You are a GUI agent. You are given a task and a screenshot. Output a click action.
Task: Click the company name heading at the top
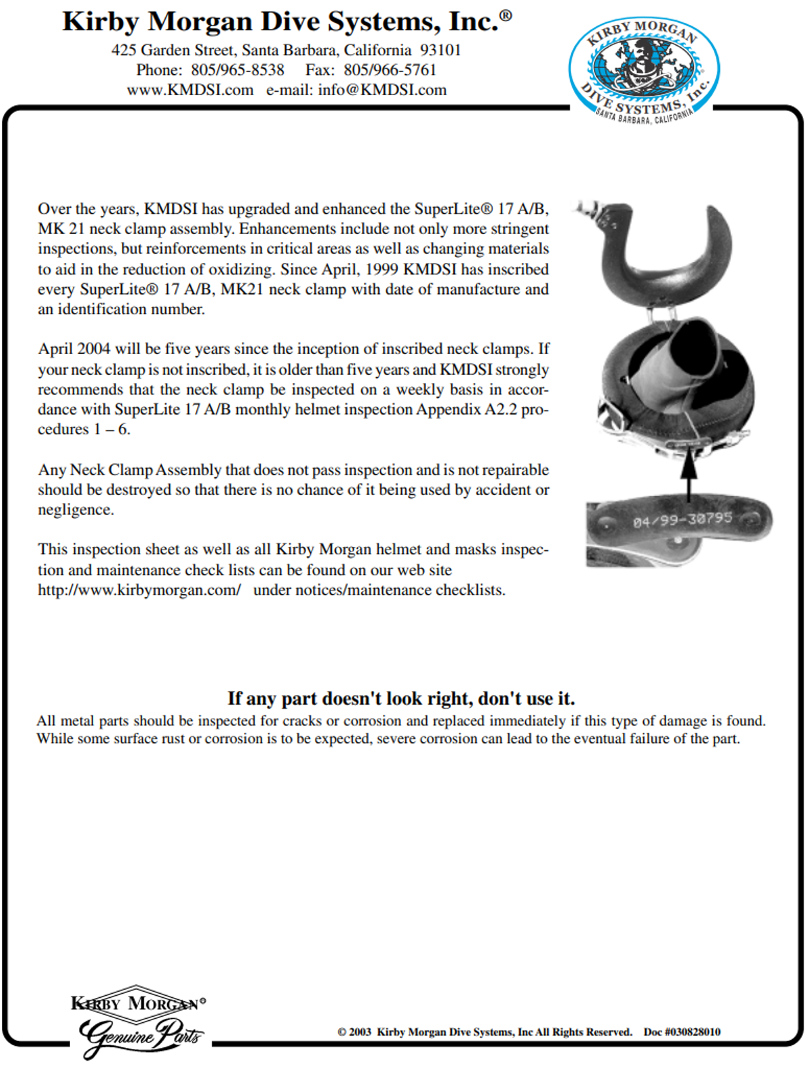point(287,22)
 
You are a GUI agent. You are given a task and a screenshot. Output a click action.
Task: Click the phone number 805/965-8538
point(237,70)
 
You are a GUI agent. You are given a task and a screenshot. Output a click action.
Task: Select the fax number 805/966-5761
point(390,70)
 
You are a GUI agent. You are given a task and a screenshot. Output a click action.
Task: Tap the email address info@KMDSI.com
point(382,90)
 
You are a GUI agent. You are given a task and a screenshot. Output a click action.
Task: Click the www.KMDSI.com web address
point(190,90)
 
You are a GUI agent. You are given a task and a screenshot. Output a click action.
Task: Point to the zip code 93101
point(440,50)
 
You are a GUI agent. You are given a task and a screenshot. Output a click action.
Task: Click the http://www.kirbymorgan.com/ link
point(139,590)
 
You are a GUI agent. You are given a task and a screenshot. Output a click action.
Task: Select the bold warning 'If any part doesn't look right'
point(401,698)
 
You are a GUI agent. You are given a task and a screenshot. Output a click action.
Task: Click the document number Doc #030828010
point(682,1032)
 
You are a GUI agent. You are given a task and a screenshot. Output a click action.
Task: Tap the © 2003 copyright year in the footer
point(355,1032)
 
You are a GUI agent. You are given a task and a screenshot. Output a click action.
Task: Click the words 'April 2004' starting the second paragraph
point(74,349)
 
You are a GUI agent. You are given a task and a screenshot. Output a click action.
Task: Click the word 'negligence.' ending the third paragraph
point(76,510)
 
